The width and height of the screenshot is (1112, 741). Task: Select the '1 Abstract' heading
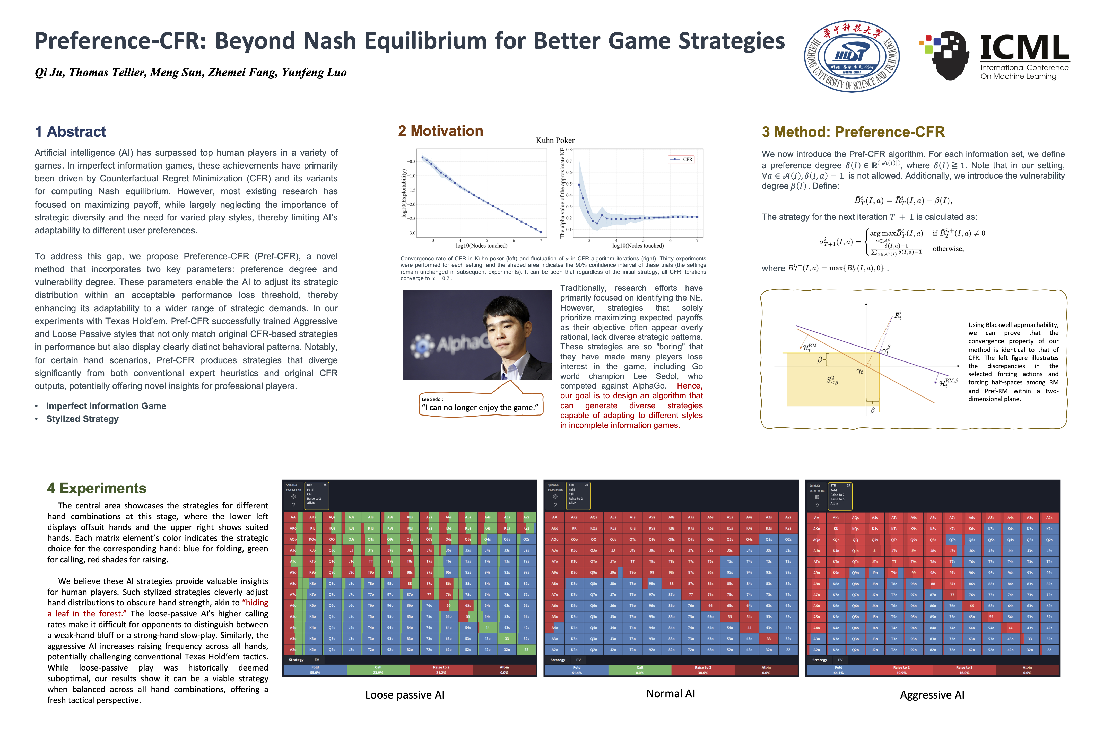71,131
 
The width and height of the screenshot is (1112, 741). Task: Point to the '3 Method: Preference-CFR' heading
853,132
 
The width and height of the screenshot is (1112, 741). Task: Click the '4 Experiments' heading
97,488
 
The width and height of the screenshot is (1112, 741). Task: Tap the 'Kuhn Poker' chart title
555,140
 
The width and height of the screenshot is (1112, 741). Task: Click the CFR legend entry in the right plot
681,159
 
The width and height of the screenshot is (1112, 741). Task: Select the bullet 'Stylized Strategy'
82,419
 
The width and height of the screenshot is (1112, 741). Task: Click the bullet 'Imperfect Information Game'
106,406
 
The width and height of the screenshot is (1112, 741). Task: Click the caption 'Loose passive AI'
405,695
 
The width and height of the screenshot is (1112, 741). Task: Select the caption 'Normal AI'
670,693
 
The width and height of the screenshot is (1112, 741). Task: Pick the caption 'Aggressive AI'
932,695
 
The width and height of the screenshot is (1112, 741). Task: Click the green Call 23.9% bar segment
378,670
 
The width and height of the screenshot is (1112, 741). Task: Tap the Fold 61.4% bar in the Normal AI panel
576,670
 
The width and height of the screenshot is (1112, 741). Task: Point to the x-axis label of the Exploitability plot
481,246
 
